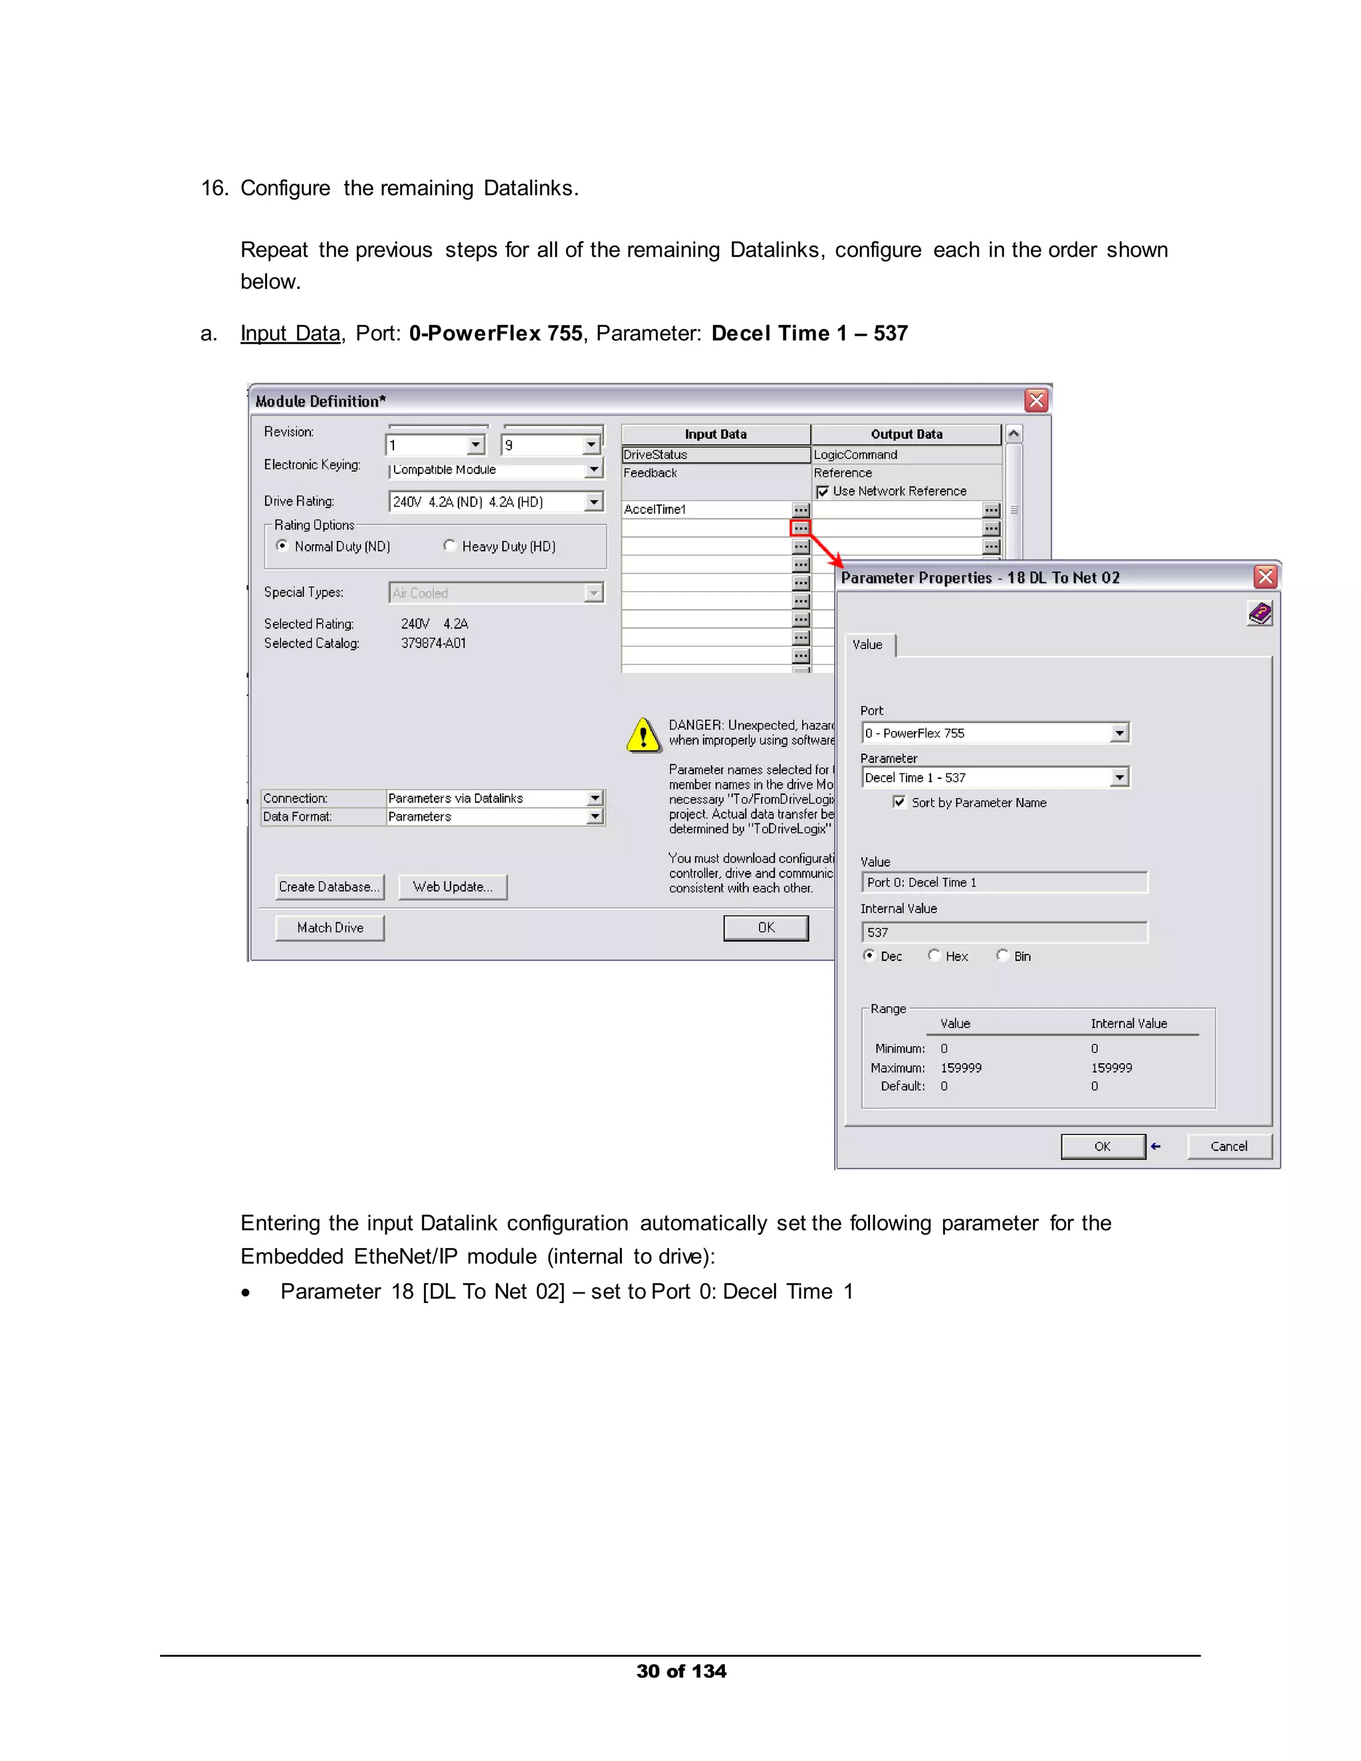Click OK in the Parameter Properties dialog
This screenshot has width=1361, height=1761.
(x=1102, y=1146)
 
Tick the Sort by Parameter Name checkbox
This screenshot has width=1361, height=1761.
(x=899, y=801)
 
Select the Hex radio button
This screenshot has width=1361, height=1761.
(x=934, y=956)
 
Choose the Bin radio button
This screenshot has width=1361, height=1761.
(x=1002, y=956)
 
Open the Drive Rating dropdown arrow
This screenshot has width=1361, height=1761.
(x=593, y=502)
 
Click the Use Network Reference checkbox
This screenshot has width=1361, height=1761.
(x=823, y=491)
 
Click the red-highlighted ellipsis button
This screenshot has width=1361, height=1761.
(x=800, y=528)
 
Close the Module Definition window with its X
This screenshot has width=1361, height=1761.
(x=1036, y=401)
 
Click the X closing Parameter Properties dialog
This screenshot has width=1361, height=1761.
(x=1265, y=577)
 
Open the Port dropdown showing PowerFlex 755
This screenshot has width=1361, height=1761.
(x=1119, y=733)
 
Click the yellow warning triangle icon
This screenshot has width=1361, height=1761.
(x=643, y=736)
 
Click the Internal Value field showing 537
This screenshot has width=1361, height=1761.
(x=1004, y=932)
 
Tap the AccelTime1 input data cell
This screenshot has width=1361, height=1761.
(x=706, y=510)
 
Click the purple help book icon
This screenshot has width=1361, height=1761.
(x=1259, y=615)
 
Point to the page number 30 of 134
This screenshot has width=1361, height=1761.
(x=681, y=1671)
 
